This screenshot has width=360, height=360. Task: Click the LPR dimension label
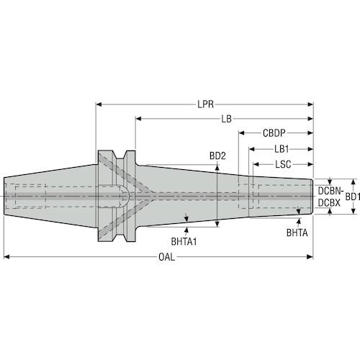pyautogui.click(x=205, y=104)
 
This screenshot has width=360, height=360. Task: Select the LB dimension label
pyautogui.click(x=226, y=119)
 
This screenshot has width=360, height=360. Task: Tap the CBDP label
pyautogui.click(x=274, y=133)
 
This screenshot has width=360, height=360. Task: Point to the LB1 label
pyautogui.click(x=282, y=149)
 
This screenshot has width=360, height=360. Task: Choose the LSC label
pyautogui.click(x=283, y=164)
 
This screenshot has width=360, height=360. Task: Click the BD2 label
pyautogui.click(x=217, y=156)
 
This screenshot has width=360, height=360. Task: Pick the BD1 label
pyautogui.click(x=352, y=197)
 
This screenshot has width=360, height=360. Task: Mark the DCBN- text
pyautogui.click(x=330, y=191)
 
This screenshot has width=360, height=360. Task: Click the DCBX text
pyautogui.click(x=329, y=203)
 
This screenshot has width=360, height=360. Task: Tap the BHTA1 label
pyautogui.click(x=184, y=241)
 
